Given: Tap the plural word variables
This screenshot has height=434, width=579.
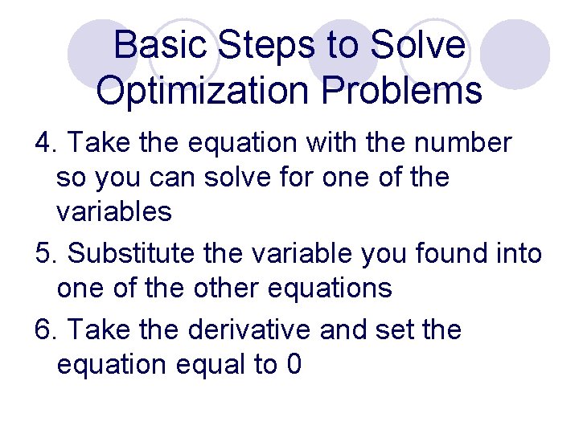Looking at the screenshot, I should pos(114,211).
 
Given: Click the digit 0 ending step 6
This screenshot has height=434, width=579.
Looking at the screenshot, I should pos(294,365).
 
